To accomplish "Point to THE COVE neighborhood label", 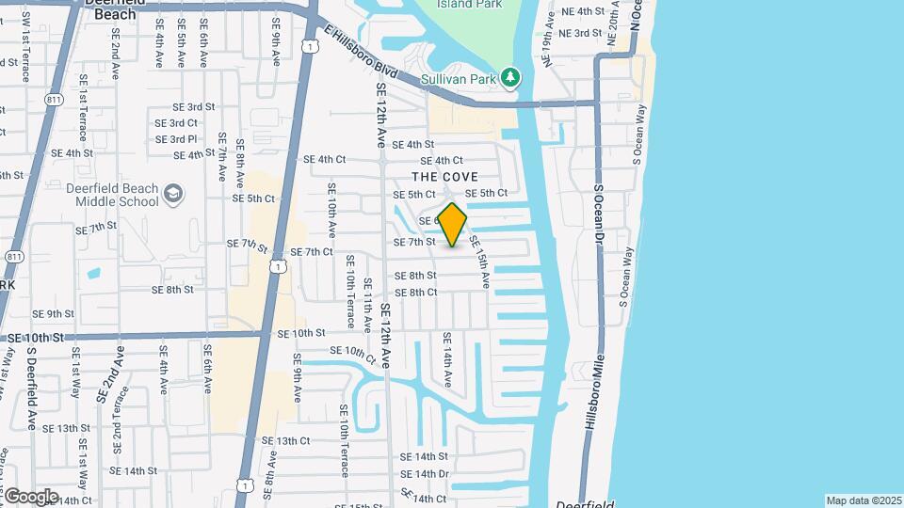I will pos(444,177).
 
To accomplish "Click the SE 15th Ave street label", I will pos(480,261).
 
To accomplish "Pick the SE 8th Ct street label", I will pos(415,293).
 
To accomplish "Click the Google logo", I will pos(30,496).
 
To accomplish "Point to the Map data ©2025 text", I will pos(864,500).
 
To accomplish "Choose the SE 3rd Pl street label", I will pos(176,139).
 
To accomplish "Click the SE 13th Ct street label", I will pos(285,440).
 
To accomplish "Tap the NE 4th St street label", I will pos(580,11).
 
